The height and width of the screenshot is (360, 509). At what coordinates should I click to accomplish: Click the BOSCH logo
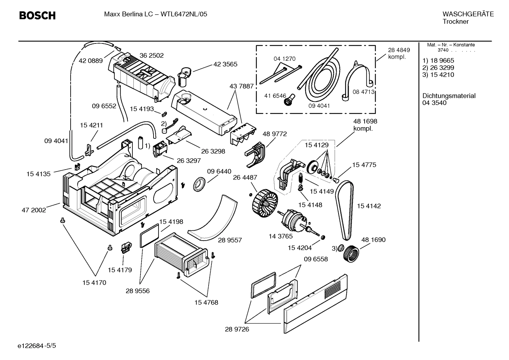37,16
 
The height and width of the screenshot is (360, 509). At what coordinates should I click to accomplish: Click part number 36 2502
151,55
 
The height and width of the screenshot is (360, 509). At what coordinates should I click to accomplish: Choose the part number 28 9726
237,329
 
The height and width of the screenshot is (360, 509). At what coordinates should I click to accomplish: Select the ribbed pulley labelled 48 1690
352,254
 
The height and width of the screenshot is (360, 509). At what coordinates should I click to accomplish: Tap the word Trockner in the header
456,22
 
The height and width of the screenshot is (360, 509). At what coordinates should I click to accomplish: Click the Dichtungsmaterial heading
449,96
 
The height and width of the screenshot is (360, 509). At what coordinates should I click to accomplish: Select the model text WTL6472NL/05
184,14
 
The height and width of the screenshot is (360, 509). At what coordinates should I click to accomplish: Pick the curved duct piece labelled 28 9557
210,217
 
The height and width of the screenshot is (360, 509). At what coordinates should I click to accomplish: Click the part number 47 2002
34,210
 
